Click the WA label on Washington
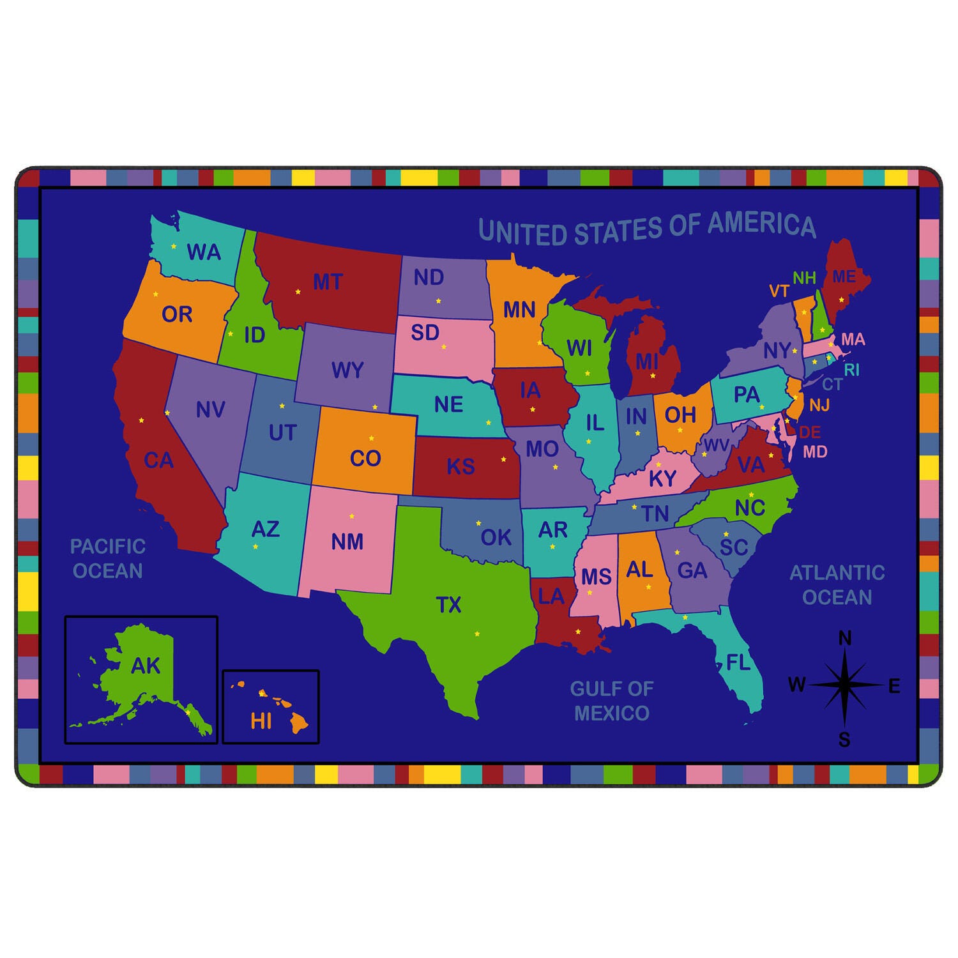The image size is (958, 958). [204, 252]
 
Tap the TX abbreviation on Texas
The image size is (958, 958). [448, 604]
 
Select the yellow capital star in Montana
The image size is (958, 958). [298, 292]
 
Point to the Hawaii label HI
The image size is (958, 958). [261, 721]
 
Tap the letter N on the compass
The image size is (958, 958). [844, 638]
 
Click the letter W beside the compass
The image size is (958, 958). [796, 685]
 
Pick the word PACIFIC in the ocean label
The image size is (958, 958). [108, 547]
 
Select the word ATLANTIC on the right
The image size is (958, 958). [837, 572]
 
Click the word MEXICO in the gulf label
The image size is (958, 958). [611, 713]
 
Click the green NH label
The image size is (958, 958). [804, 278]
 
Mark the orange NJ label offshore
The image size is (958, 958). [819, 405]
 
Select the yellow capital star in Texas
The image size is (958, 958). [476, 634]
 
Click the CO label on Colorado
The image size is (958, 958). [365, 458]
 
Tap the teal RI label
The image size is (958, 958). [851, 370]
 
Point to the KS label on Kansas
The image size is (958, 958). [460, 466]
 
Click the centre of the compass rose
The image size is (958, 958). [844, 685]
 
